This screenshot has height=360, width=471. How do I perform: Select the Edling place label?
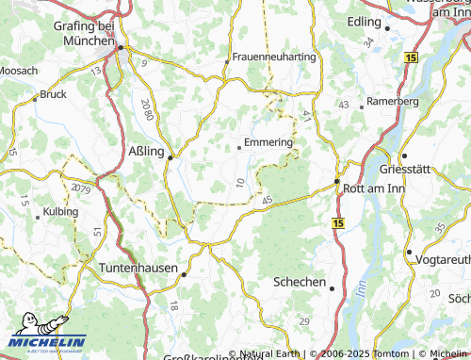click(363, 20)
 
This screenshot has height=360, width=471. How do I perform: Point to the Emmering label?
click(268, 143)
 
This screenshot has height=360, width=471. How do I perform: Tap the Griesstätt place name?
click(439, 156)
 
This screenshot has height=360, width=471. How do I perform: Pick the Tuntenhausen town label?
click(138, 268)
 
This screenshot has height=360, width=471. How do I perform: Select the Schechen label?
click(299, 282)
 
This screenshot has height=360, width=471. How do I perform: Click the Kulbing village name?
click(59, 212)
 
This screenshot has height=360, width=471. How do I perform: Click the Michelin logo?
click(48, 341)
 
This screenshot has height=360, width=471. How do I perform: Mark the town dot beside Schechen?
click(332, 288)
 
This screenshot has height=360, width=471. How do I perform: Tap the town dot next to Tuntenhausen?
click(185, 274)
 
